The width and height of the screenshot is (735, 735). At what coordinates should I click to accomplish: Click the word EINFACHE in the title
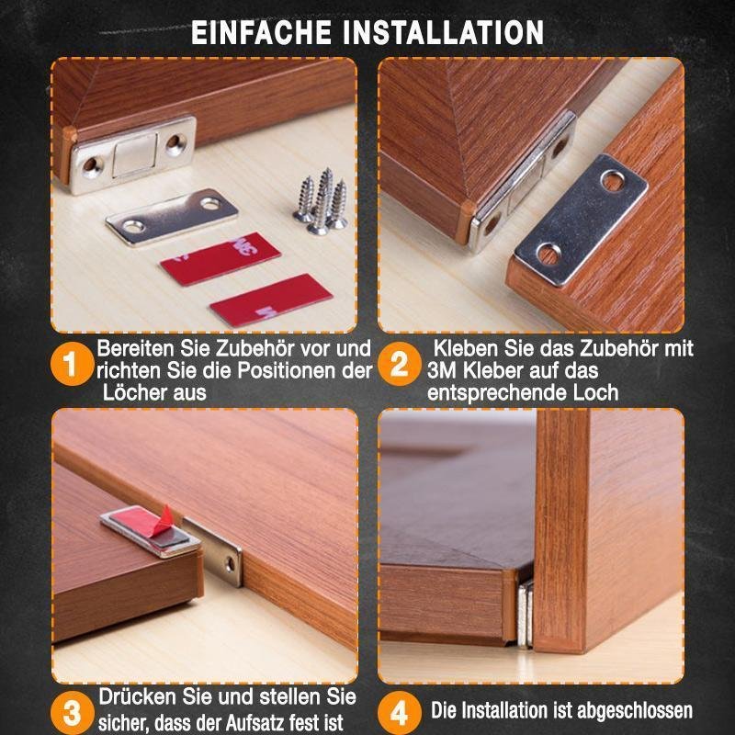(260, 32)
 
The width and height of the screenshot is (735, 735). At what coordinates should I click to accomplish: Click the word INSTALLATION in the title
(443, 32)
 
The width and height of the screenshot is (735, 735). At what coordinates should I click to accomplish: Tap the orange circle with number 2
(399, 366)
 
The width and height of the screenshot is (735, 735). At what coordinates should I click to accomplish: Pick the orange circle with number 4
(399, 710)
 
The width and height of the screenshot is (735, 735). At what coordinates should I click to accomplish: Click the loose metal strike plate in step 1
(172, 217)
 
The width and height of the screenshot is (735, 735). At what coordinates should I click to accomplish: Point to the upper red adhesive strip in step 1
(220, 258)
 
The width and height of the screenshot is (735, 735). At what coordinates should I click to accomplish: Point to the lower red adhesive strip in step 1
(270, 300)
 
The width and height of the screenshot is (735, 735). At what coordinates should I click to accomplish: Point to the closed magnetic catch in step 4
(525, 614)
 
